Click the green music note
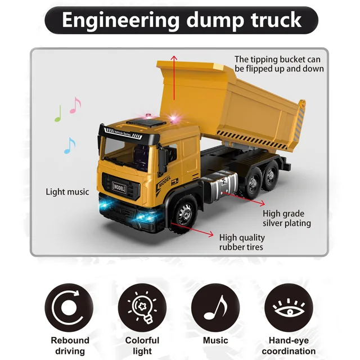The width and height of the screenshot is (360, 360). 58,114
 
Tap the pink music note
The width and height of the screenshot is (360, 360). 75,105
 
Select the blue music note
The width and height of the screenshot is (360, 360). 69,146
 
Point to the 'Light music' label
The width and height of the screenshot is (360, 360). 67,192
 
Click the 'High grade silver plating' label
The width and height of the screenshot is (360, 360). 287,218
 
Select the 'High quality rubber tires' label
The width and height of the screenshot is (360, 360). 241,242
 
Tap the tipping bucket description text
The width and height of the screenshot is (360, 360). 279,64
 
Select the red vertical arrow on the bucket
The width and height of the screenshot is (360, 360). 174,84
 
